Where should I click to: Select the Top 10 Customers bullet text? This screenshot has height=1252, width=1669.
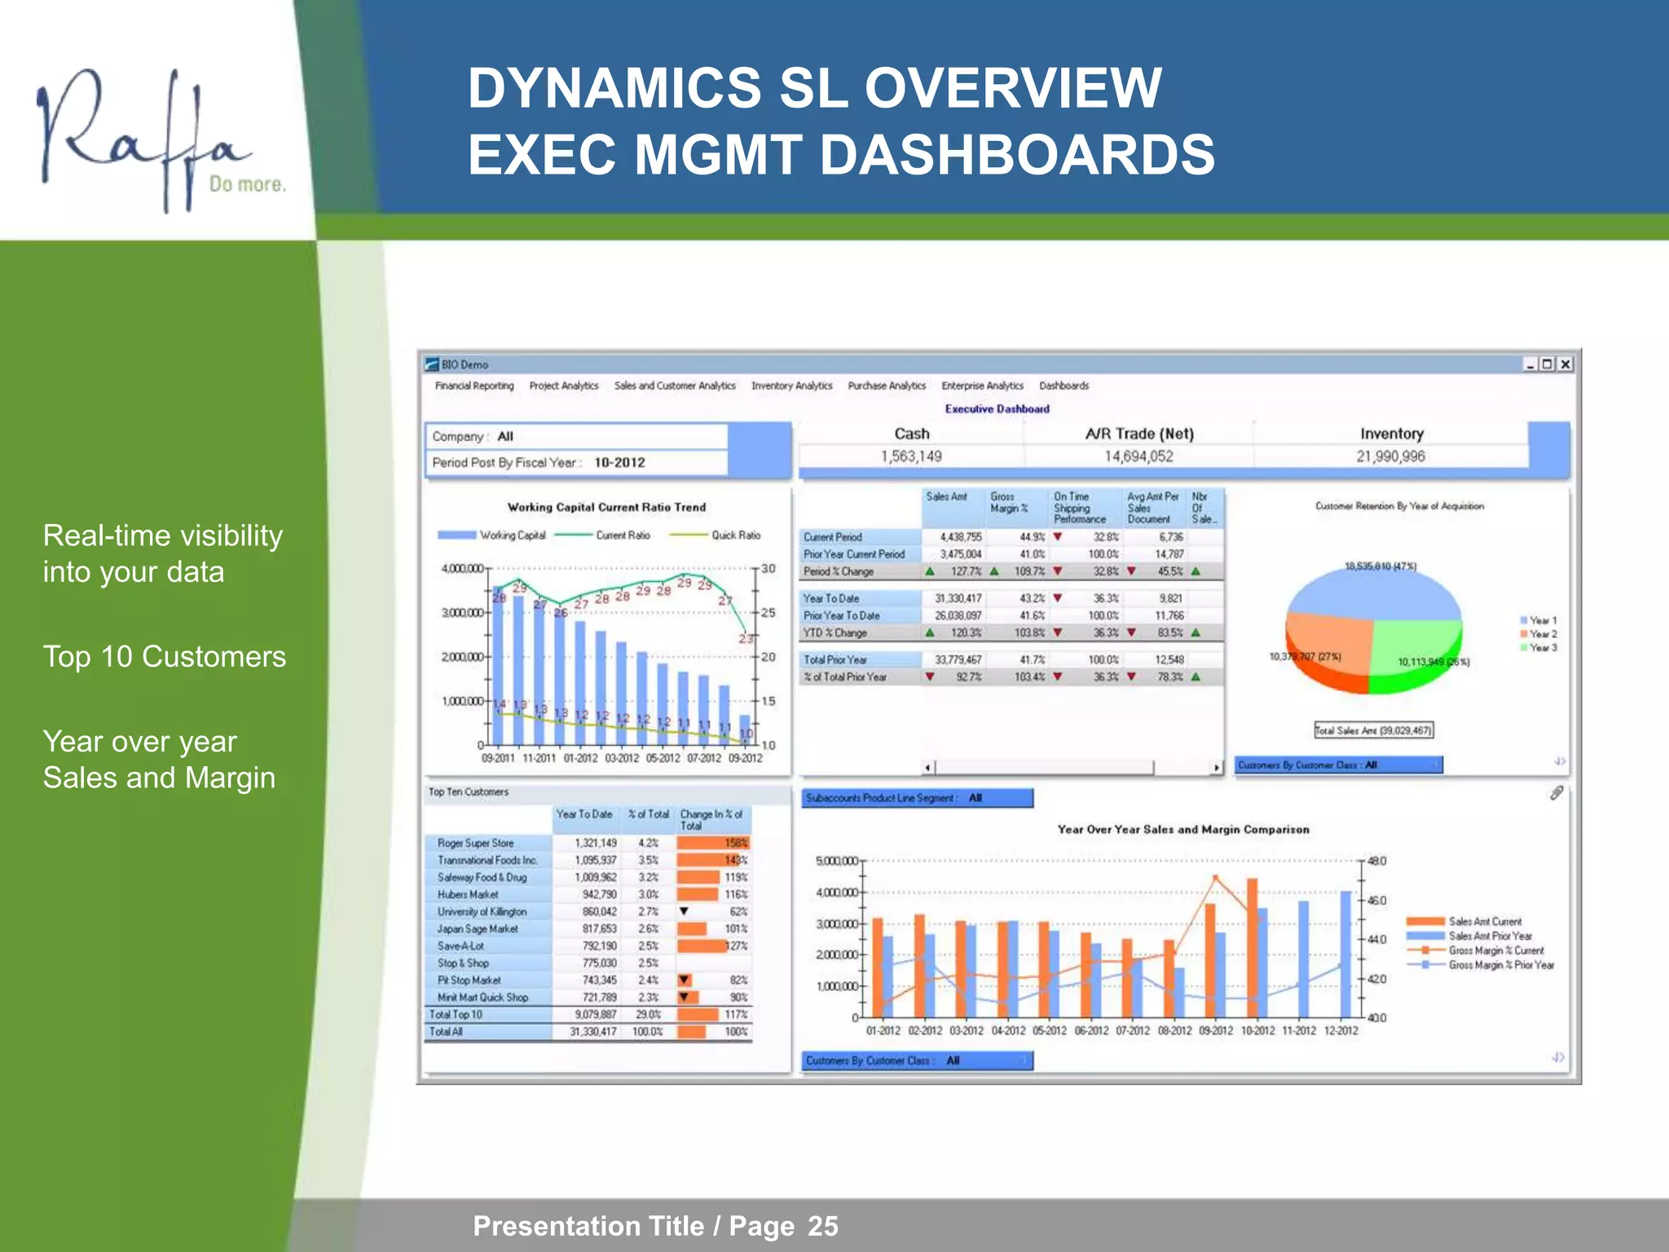(164, 657)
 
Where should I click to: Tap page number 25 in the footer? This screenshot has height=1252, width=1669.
(822, 1226)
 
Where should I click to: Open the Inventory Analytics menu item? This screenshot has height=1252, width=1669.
(791, 386)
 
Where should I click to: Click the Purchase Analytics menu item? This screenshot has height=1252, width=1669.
(887, 386)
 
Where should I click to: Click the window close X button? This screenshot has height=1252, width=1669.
(1565, 364)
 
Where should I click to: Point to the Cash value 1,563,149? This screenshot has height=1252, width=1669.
(911, 456)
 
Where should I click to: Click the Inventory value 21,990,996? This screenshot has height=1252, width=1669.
(1390, 456)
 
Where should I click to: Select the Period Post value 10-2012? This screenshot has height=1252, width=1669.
(619, 462)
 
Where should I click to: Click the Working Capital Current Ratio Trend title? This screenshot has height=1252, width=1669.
(606, 507)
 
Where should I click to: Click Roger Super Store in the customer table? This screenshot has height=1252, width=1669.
(475, 843)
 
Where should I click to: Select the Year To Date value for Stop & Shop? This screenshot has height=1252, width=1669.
(599, 963)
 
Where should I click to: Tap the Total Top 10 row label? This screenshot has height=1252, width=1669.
(456, 1015)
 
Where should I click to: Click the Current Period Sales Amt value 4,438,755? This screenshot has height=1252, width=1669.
(960, 537)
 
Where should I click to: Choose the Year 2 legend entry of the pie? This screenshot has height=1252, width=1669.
(1542, 634)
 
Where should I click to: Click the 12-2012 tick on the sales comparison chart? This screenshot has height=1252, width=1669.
(1341, 1031)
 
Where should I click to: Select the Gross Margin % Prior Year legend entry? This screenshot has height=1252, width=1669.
(1500, 965)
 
